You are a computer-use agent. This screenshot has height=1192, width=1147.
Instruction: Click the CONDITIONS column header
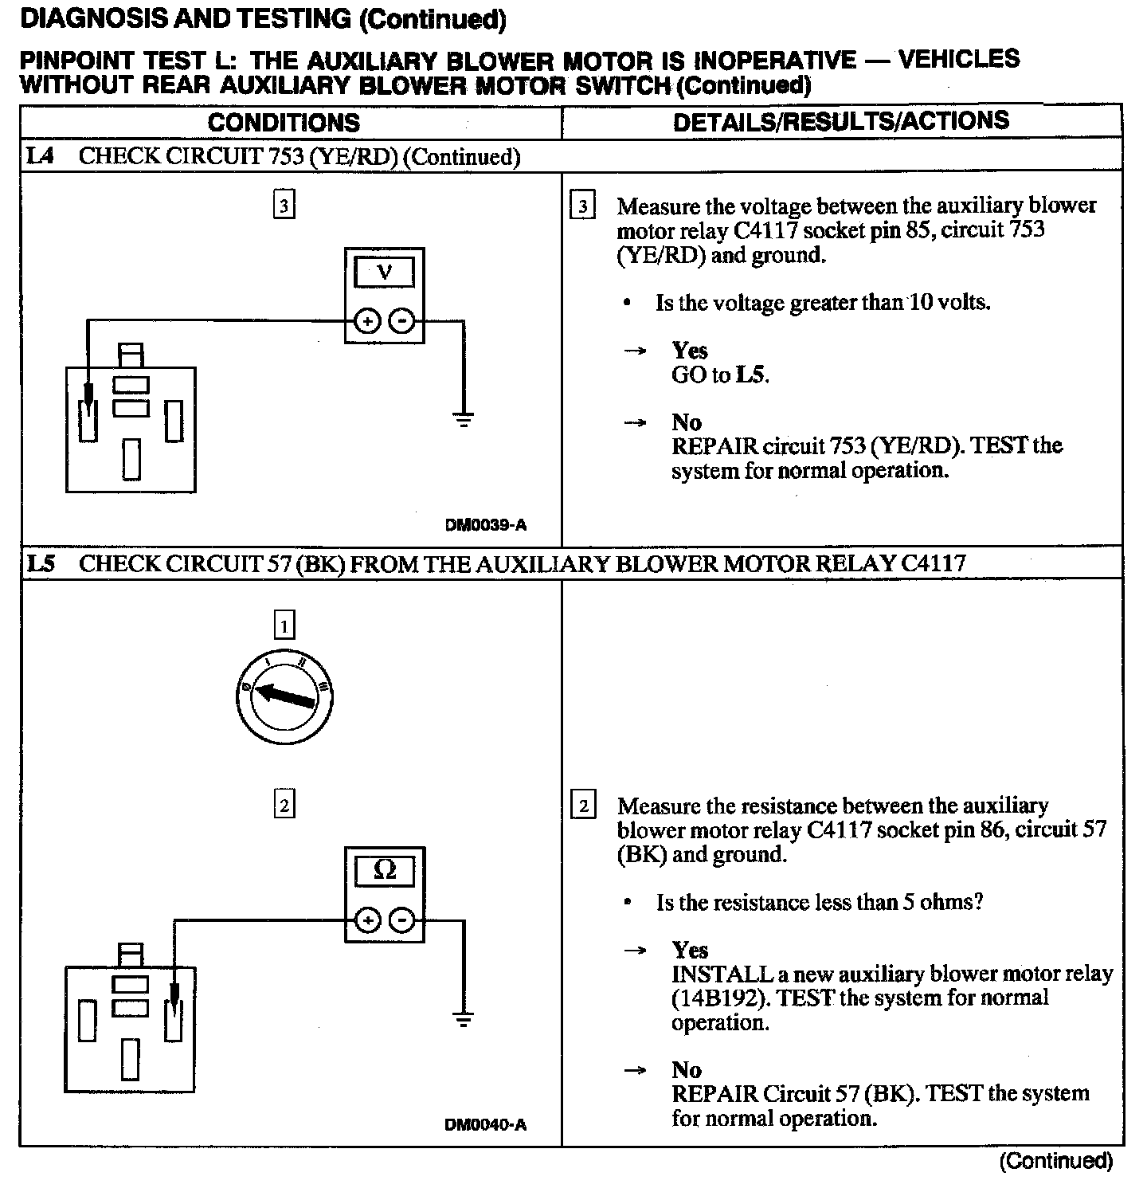[284, 123]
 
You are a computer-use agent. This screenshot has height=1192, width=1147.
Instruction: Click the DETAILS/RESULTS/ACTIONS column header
[840, 121]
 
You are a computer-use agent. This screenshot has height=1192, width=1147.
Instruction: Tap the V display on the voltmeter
[384, 273]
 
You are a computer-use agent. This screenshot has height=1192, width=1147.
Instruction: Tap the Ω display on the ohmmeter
[384, 871]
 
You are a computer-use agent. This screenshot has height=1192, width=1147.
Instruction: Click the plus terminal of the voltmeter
[366, 321]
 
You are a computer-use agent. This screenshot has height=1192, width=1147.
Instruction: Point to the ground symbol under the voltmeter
[463, 418]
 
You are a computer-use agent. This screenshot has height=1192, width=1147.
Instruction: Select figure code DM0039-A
[486, 525]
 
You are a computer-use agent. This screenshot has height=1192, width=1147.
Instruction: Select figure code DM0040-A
[486, 1125]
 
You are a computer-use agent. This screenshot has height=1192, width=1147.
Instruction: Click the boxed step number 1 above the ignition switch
[284, 625]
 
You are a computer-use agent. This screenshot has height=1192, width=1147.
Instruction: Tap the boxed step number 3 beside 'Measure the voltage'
[583, 206]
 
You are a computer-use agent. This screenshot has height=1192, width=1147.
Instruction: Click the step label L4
[40, 156]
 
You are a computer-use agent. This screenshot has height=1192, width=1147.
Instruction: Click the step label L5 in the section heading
[40, 564]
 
